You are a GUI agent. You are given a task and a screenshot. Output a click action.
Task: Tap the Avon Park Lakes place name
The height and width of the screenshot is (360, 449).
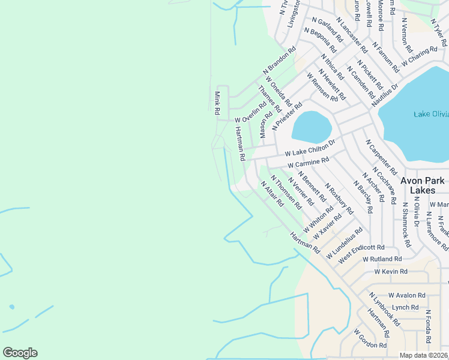(x=423, y=185)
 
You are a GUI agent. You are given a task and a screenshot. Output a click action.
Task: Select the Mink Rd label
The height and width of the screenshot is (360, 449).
(x=217, y=103)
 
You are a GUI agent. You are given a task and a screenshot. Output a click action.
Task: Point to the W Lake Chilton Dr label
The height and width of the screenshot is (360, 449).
(x=309, y=148)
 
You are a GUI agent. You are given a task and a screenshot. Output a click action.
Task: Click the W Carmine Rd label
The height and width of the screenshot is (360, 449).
(x=309, y=163)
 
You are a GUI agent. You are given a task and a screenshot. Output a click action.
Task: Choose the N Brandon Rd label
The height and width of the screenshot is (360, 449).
(x=280, y=61)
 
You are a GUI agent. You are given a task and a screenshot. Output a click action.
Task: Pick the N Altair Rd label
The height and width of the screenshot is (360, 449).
(x=272, y=193)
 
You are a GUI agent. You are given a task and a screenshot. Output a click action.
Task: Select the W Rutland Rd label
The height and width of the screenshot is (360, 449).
(x=382, y=259)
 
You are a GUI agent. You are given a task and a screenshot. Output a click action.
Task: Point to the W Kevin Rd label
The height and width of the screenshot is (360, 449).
(x=390, y=272)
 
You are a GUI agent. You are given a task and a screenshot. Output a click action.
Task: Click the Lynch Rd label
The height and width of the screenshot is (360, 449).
(x=405, y=307)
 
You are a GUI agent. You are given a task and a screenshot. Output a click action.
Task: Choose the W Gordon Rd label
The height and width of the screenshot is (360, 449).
(x=370, y=340)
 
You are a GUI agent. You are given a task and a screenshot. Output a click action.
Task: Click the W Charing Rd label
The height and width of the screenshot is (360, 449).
(x=420, y=57)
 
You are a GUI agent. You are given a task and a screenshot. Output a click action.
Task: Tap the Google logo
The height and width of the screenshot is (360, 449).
(x=20, y=353)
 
